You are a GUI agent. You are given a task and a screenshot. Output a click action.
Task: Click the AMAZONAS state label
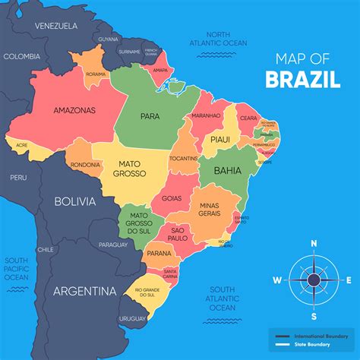click(x=74, y=110)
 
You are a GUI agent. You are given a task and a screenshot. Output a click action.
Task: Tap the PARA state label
click(x=150, y=117)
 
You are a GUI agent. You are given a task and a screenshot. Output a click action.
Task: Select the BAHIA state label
click(x=227, y=171)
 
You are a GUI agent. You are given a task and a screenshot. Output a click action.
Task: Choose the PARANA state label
click(x=159, y=253)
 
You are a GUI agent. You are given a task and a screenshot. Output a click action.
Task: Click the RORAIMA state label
click(x=96, y=74)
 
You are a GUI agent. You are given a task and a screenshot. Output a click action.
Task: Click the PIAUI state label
click(x=220, y=139)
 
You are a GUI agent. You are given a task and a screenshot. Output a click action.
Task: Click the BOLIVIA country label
click(x=75, y=201)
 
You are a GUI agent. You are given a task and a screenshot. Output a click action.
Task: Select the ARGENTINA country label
click(x=84, y=291)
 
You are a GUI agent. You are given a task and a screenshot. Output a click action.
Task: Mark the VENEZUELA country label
click(x=55, y=25)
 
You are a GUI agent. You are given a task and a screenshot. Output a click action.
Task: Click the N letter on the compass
click(x=314, y=244)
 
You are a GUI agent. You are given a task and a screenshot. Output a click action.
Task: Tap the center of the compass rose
click(x=314, y=279)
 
